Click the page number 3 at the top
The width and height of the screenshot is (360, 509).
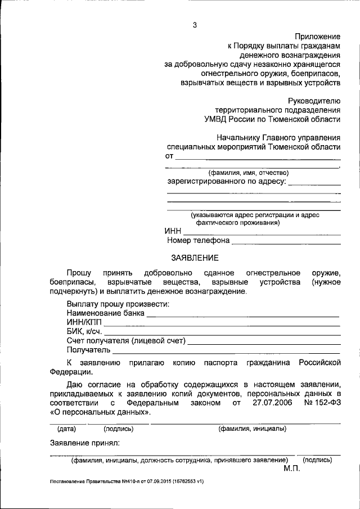(x=195, y=25)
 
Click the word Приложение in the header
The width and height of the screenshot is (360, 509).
(x=318, y=37)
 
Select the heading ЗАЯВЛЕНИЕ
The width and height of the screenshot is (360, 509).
(x=194, y=258)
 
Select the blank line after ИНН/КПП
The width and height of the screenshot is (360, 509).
(x=222, y=325)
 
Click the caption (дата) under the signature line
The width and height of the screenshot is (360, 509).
(x=66, y=429)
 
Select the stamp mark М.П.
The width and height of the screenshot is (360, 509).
(x=292, y=468)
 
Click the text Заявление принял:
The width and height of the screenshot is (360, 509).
(x=84, y=443)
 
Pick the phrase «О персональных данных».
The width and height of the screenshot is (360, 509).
(x=100, y=412)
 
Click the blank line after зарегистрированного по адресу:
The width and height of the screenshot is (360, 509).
(x=316, y=183)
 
